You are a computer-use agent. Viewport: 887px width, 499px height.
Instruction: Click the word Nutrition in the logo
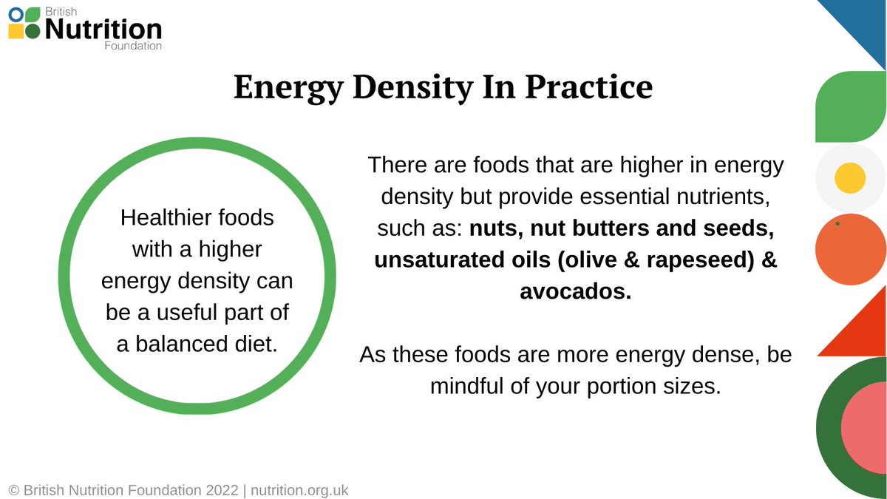point(103,30)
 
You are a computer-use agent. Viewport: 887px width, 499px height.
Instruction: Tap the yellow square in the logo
point(15,31)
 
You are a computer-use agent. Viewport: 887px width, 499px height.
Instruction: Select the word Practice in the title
point(588,87)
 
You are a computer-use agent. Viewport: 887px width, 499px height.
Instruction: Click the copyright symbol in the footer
point(14,490)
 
